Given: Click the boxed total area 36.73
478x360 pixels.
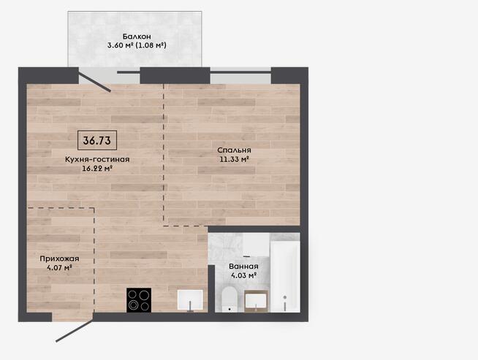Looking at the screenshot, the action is point(97,140).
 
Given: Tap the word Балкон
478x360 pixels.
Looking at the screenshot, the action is point(137,37).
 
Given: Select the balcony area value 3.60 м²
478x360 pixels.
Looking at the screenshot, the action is point(120,46).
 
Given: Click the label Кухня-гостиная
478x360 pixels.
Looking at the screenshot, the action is point(97,159).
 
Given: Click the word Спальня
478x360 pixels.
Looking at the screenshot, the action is point(234,150).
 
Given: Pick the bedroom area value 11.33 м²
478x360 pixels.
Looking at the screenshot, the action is point(234,159).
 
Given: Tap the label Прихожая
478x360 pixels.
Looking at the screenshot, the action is point(59,259).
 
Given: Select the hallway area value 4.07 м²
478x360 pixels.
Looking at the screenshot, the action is point(59,268).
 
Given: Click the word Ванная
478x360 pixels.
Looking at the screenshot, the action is point(243,267).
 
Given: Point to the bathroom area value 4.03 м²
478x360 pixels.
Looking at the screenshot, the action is point(243,275).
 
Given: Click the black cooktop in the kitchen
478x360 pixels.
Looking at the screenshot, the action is point(139,300).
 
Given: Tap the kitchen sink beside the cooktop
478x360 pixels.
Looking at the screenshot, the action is point(190,300).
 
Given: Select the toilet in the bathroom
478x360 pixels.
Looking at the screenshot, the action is point(229,299).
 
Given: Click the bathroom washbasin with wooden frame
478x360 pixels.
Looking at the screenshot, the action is point(256,302).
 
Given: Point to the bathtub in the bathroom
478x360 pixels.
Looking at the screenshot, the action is point(285,277).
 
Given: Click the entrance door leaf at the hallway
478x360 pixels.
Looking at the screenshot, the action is point(75,331).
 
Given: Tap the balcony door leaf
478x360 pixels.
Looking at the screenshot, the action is point(95,80).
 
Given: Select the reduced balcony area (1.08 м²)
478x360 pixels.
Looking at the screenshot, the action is point(151,46).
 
